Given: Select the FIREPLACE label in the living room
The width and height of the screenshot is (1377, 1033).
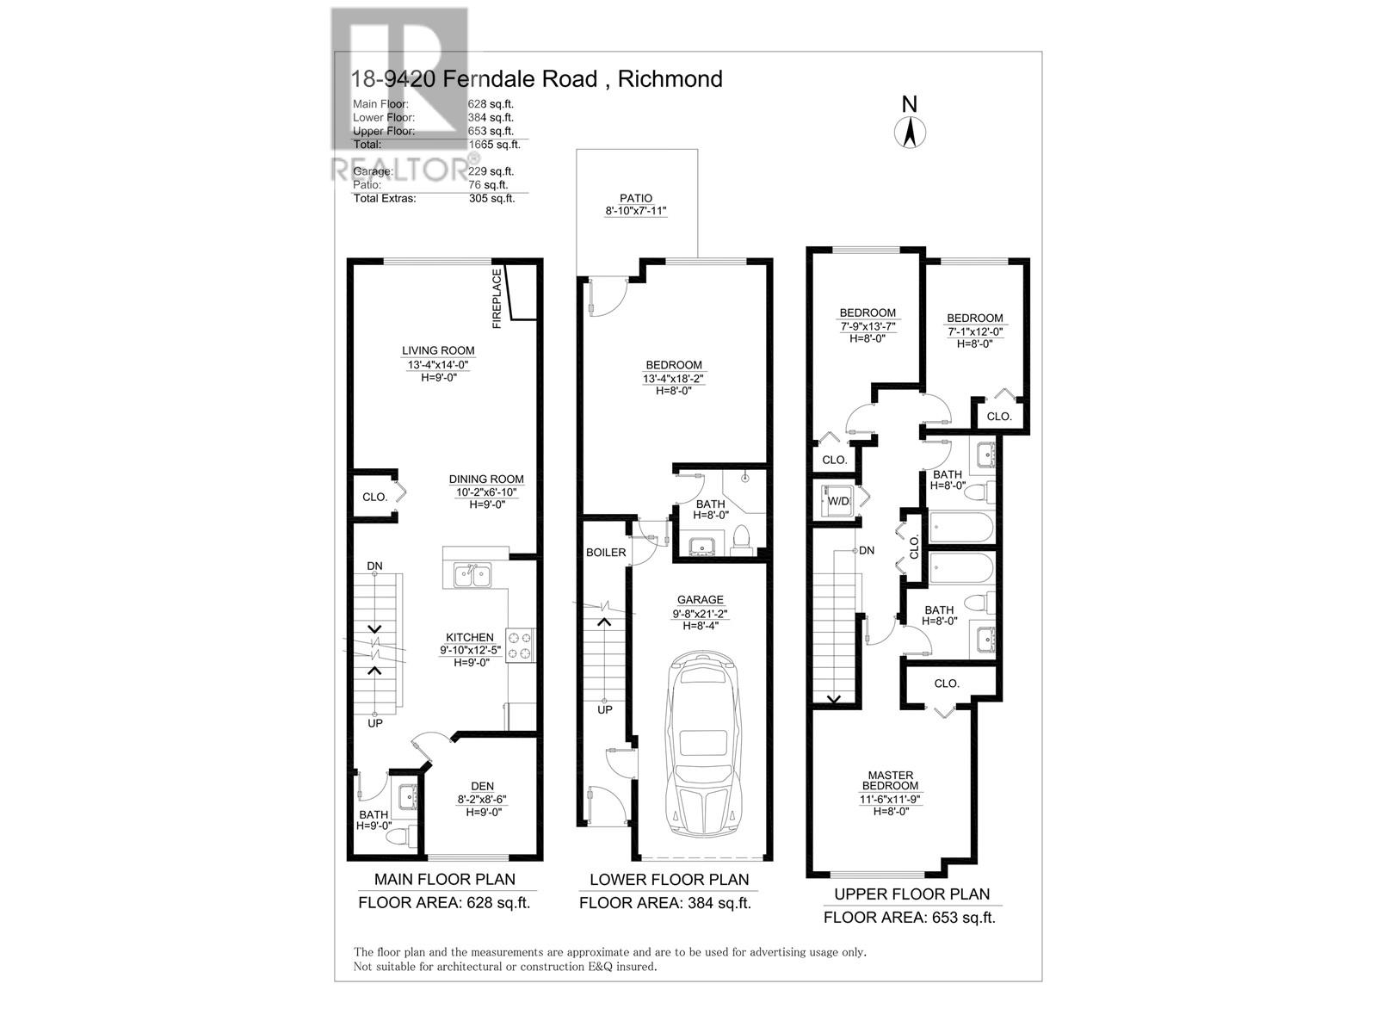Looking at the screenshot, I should pyautogui.click(x=497, y=299).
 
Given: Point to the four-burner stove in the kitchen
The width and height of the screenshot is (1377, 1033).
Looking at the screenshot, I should pyautogui.click(x=520, y=646).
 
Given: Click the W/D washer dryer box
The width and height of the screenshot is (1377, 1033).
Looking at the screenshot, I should pyautogui.click(x=836, y=501).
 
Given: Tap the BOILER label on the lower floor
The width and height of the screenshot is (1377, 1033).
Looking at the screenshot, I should pyautogui.click(x=606, y=553).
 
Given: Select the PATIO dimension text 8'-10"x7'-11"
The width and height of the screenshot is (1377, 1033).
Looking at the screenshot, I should pyautogui.click(x=636, y=212).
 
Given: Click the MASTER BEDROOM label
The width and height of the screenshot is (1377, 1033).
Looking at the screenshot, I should pyautogui.click(x=891, y=781).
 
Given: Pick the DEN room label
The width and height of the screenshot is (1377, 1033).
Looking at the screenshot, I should pyautogui.click(x=482, y=786).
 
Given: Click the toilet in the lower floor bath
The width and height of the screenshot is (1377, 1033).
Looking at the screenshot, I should pyautogui.click(x=740, y=541).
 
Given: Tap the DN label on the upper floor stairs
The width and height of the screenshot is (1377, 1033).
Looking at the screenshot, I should pyautogui.click(x=866, y=550).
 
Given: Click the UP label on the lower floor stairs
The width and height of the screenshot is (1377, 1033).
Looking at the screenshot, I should pyautogui.click(x=605, y=710).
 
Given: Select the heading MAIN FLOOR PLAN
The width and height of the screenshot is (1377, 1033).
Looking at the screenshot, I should pyautogui.click(x=445, y=880).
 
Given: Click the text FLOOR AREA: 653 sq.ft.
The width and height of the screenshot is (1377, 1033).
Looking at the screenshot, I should pyautogui.click(x=909, y=918).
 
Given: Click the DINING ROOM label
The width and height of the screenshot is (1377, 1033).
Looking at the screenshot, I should pyautogui.click(x=485, y=479).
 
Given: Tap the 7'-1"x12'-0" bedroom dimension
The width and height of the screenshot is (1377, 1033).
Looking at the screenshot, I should pyautogui.click(x=974, y=331).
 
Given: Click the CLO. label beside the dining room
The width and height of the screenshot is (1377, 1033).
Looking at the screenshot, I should pyautogui.click(x=374, y=498).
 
